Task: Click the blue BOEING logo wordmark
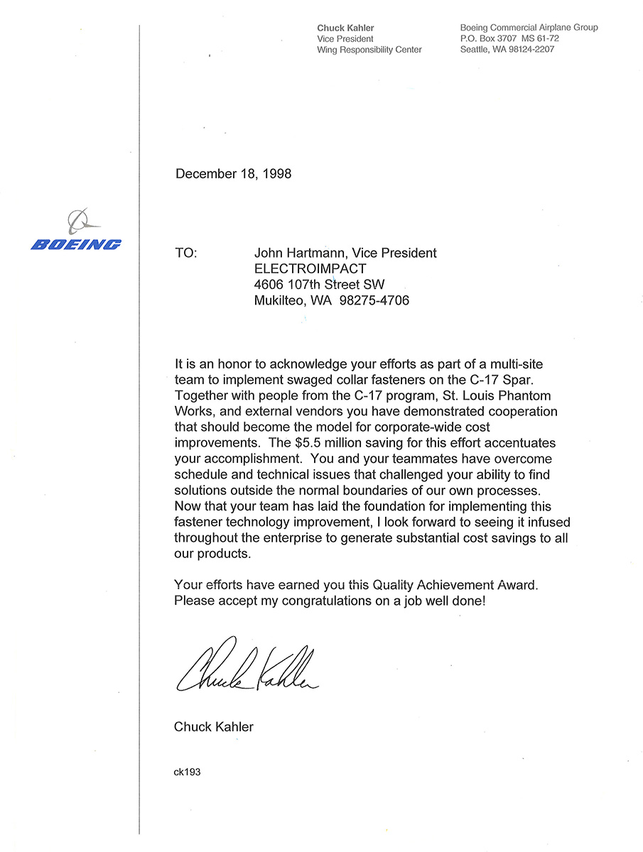76,245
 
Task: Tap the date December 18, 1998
233,173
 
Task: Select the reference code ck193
188,772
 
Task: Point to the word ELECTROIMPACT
310,269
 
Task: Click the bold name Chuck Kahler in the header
345,28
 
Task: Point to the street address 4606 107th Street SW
319,285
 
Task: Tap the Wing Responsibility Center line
369,50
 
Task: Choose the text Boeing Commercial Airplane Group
529,28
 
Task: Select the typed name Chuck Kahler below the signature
213,726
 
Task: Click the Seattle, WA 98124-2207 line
507,50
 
